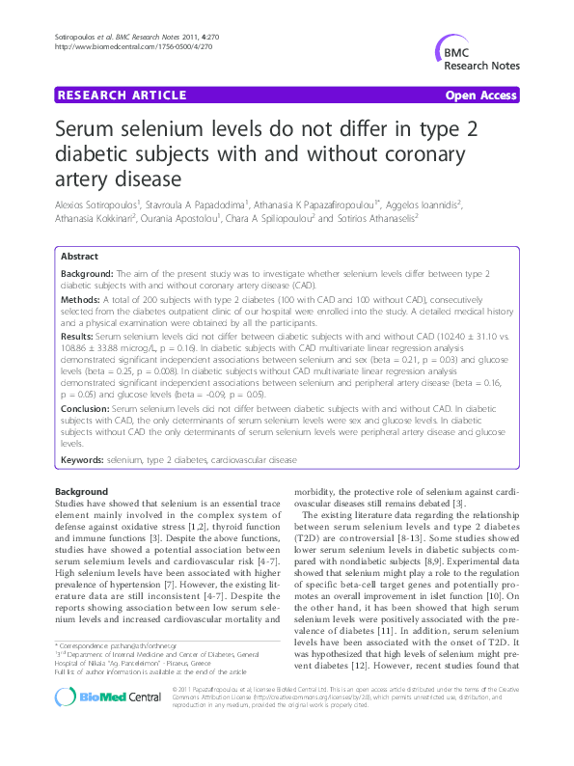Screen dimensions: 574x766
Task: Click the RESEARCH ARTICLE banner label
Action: (x=123, y=95)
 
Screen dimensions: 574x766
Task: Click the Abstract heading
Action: (x=79, y=258)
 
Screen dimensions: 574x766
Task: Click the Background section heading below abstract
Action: (x=82, y=492)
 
